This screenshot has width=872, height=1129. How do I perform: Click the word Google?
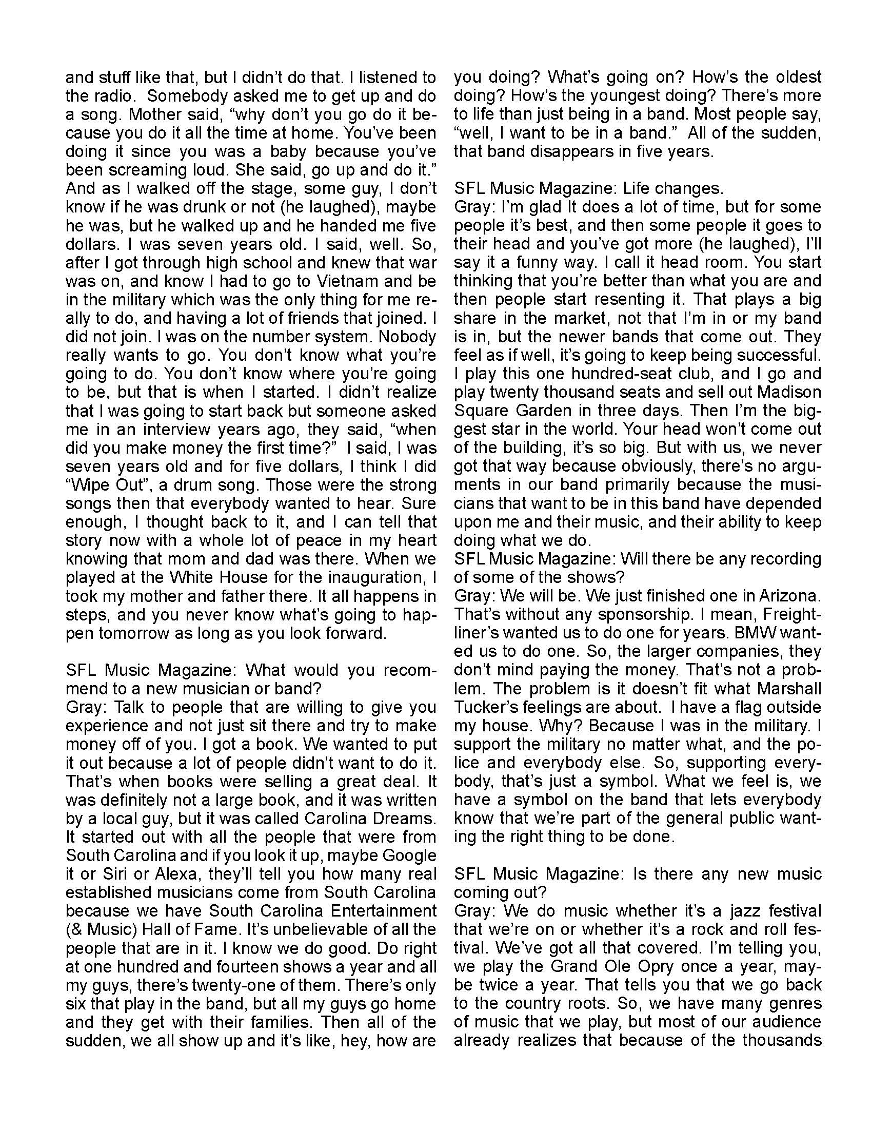[x=409, y=855]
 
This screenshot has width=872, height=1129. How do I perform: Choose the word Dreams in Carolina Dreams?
[x=408, y=819]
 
